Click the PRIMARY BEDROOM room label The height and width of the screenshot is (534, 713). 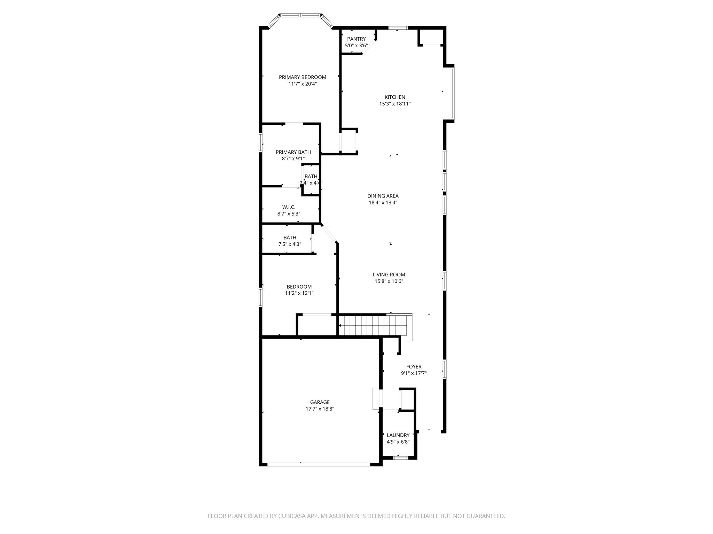click(x=302, y=77)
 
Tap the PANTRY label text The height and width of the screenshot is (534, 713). click(x=356, y=39)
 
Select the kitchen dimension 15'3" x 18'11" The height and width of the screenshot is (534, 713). click(x=395, y=104)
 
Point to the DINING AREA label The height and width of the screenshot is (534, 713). click(x=383, y=196)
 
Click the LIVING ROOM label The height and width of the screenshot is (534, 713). click(x=389, y=275)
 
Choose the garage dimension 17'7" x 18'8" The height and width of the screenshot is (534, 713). click(x=320, y=409)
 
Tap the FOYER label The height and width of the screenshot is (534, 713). click(x=414, y=367)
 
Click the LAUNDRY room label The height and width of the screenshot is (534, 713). click(x=398, y=435)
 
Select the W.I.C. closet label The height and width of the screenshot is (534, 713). click(x=289, y=207)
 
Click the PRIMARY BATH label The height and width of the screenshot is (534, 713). click(x=293, y=152)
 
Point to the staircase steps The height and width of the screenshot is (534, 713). click(x=373, y=325)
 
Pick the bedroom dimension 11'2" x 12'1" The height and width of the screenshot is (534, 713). click(x=299, y=293)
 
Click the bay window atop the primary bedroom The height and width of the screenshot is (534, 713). click(x=300, y=15)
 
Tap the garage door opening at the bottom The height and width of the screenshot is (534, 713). click(x=319, y=464)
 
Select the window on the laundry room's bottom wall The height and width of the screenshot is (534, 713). click(x=400, y=458)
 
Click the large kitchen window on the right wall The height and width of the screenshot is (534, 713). click(x=452, y=93)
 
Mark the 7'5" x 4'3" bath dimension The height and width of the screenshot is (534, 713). click(x=290, y=244)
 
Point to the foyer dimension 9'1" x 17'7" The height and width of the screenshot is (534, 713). click(x=414, y=373)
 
